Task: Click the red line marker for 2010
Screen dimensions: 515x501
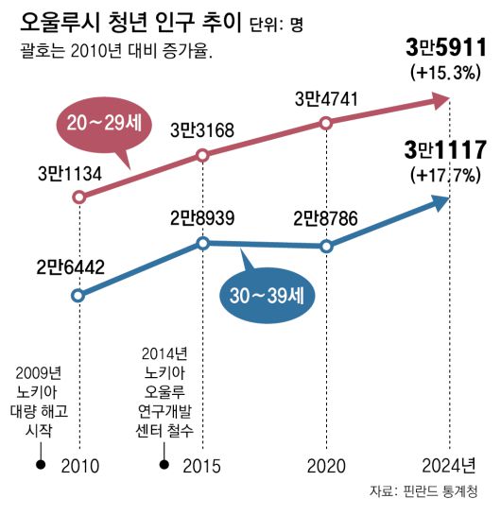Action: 78,197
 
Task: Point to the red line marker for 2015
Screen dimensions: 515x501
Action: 202,155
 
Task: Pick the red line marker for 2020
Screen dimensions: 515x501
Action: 326,122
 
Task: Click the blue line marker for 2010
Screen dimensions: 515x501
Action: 78,294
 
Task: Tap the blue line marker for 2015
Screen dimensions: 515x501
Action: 202,243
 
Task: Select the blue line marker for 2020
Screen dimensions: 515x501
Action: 326,246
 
